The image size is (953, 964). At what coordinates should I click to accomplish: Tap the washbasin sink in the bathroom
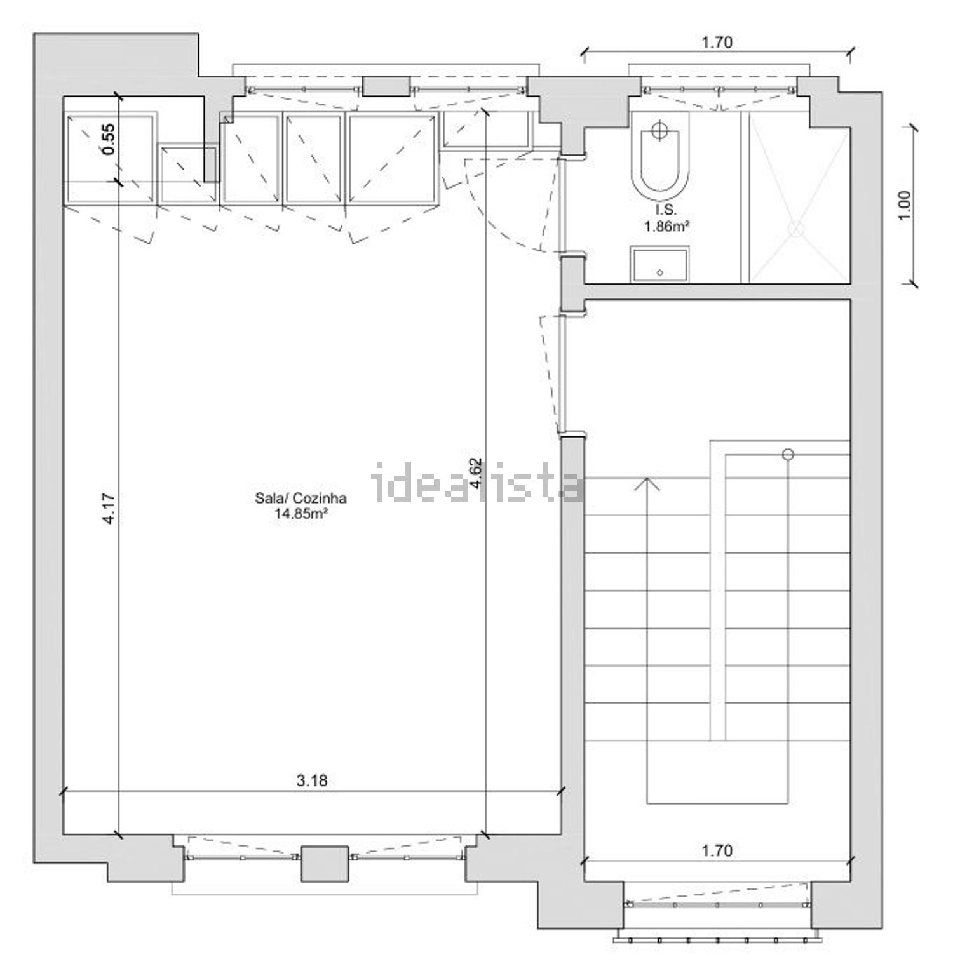(659, 265)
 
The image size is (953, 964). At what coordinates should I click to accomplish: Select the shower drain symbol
(797, 229)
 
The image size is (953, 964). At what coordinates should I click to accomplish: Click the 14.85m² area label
(301, 514)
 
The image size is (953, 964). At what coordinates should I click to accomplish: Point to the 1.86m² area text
(667, 227)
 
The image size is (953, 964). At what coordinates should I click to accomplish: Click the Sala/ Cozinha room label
(301, 499)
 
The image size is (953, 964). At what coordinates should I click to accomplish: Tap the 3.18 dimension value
(312, 780)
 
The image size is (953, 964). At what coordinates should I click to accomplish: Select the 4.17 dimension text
(109, 509)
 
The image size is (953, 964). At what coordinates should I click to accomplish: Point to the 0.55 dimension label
(109, 138)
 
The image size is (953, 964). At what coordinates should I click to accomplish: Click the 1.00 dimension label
(905, 205)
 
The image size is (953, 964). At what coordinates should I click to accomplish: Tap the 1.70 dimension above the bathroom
(717, 43)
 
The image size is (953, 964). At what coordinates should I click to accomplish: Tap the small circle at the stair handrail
(788, 453)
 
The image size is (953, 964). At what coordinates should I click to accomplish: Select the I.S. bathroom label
(666, 211)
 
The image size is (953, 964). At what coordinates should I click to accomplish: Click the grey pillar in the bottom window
(324, 863)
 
